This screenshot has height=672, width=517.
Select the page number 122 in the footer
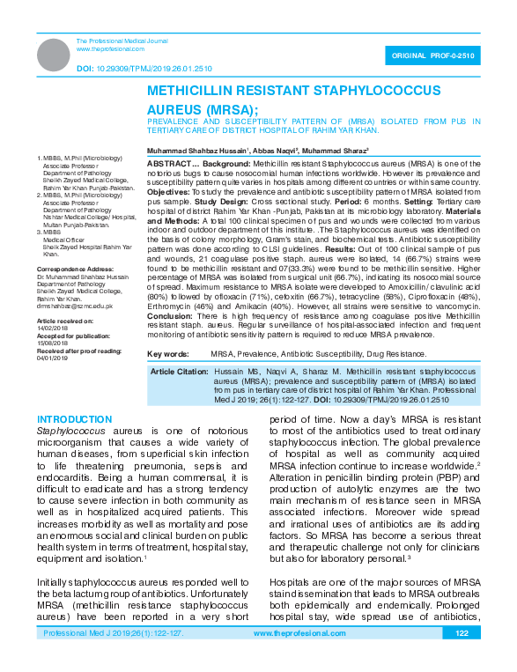pyautogui.click(x=462, y=658)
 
